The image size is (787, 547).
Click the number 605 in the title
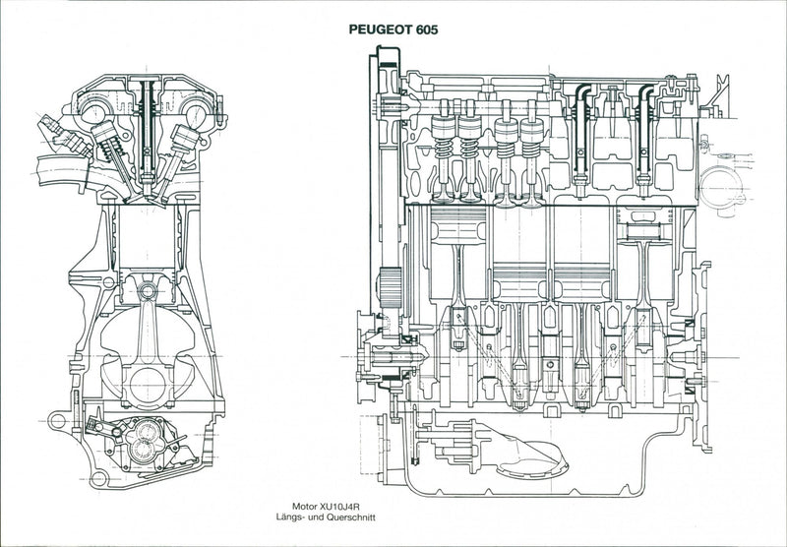(x=427, y=30)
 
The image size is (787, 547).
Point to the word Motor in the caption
(x=305, y=507)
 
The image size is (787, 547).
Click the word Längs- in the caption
(x=288, y=517)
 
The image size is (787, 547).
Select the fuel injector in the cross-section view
(x=64, y=135)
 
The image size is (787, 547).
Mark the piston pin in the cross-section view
(x=147, y=290)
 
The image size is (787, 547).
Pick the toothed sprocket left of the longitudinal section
(x=390, y=287)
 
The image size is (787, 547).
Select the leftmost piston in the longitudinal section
(x=458, y=225)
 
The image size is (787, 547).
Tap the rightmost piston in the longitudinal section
(x=644, y=225)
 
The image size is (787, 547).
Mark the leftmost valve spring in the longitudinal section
(x=444, y=149)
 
